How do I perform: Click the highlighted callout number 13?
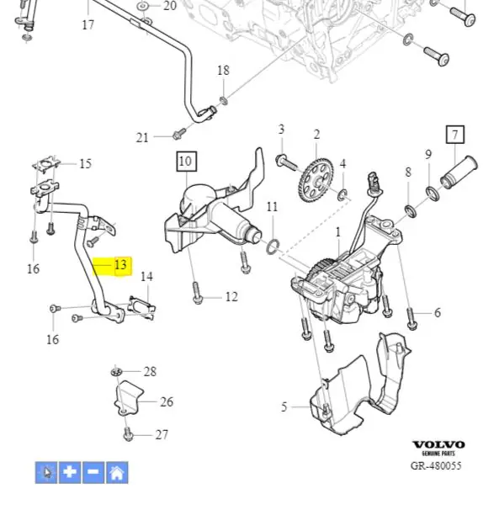point(120,264)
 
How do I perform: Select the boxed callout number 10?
point(187,162)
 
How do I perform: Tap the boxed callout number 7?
point(455,135)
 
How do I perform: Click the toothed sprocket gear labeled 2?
point(316,180)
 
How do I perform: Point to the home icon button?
point(117,472)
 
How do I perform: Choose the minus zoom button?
point(93,472)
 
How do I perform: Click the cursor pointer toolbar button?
point(46,472)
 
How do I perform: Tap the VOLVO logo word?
point(438,445)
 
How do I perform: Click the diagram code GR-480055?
point(436,465)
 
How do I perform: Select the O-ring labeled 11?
point(273,247)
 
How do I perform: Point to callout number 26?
point(167,401)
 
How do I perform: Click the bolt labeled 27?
point(128,433)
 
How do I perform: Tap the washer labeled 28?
point(116,371)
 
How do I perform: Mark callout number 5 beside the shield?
point(284,406)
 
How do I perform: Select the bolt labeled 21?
point(178,134)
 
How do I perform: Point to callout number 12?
point(231,297)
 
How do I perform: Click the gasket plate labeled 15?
point(46,165)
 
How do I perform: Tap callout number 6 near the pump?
point(438,312)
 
